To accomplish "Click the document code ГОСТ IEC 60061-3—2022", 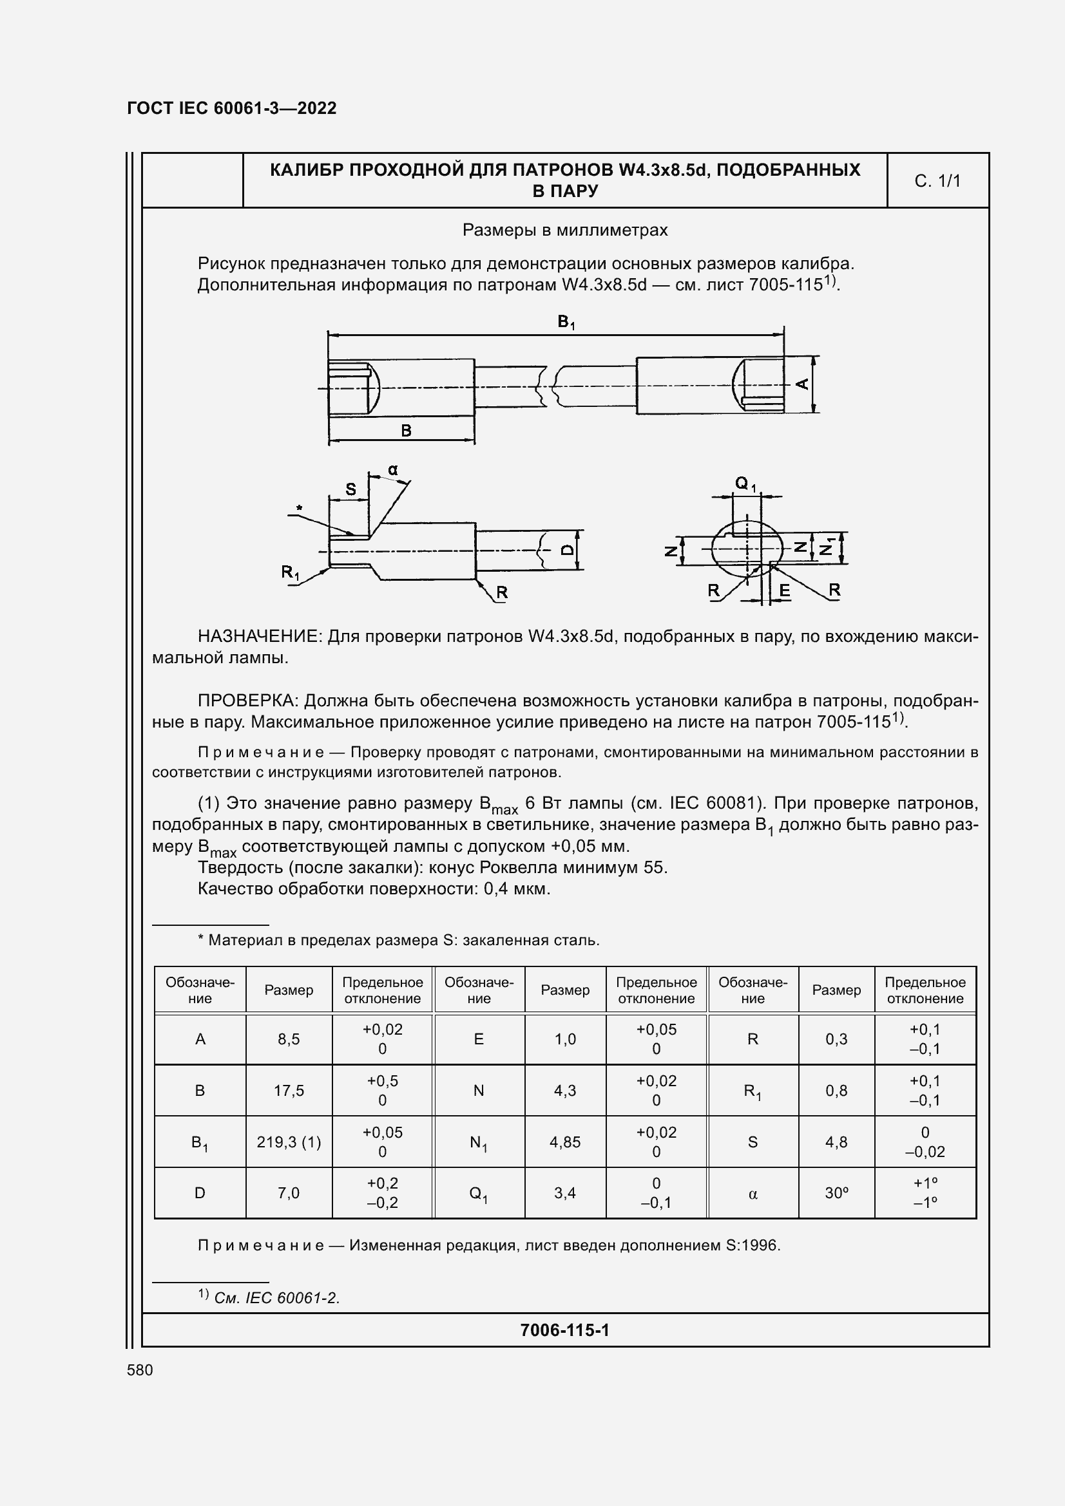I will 231,108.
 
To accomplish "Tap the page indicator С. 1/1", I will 937,181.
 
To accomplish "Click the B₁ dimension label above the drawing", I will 566,322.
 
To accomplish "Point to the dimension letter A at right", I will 802,384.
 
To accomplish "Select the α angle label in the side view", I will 392,469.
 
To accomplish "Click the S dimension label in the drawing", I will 350,489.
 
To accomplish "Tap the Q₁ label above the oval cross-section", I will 745,484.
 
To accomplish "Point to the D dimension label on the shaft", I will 568,550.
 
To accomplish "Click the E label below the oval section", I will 784,591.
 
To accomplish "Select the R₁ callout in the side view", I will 289,572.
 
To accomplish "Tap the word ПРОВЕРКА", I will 248,701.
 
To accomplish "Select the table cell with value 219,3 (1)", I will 289,1142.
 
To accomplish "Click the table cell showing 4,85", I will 565,1142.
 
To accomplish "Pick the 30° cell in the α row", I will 836,1193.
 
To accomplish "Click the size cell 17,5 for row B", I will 289,1091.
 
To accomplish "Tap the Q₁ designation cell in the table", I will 478,1194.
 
